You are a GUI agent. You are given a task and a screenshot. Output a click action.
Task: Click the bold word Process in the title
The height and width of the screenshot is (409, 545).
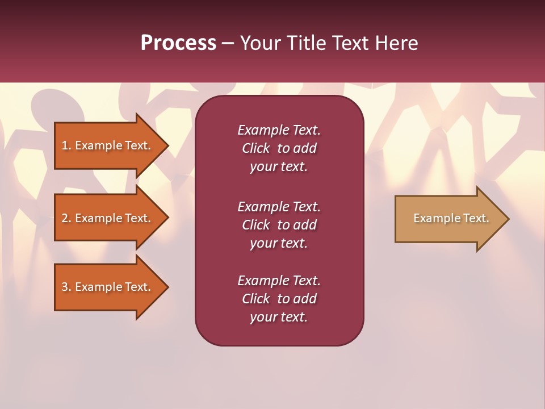point(178,43)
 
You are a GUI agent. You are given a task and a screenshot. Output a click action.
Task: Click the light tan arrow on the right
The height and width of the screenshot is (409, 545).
point(448,219)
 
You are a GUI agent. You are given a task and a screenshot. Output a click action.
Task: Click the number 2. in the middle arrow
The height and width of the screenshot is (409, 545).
point(66,218)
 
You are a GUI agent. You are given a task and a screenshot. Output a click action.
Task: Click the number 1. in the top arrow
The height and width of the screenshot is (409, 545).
point(66,145)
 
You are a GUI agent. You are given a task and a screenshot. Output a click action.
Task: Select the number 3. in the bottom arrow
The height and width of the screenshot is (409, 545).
point(66,287)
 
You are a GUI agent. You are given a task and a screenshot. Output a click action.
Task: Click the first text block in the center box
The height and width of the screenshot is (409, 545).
point(279,148)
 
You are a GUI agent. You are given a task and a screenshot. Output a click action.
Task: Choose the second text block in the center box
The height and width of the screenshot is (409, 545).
point(279,225)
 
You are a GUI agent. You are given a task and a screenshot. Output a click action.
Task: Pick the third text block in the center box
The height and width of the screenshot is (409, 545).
point(279,299)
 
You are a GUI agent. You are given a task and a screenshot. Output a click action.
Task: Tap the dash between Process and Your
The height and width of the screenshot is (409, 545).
point(228,44)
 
